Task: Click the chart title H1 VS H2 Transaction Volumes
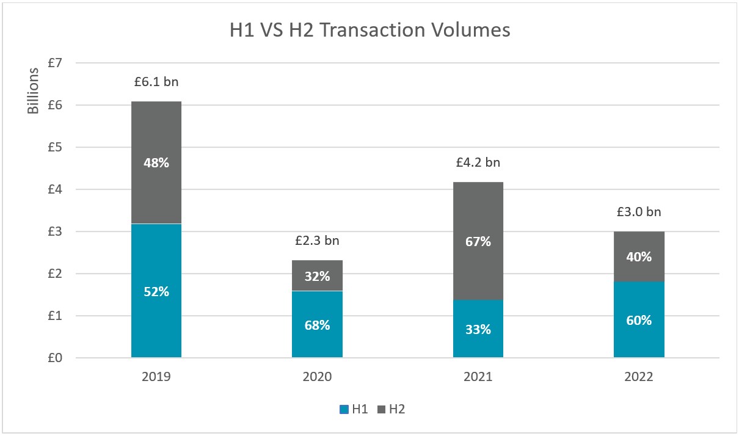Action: pyautogui.click(x=369, y=30)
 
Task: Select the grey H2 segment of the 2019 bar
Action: pyautogui.click(x=156, y=140)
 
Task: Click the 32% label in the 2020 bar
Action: pyautogui.click(x=317, y=276)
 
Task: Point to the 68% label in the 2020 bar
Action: pyautogui.click(x=317, y=325)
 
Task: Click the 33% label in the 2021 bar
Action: pyautogui.click(x=478, y=329)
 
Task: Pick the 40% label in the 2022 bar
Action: pyautogui.click(x=639, y=256)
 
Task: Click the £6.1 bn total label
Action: pyautogui.click(x=156, y=81)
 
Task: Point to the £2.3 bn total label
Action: pyautogui.click(x=317, y=240)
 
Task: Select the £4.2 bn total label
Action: pyautogui.click(x=478, y=162)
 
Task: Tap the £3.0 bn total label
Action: pyautogui.click(x=639, y=213)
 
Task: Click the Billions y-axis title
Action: pyautogui.click(x=34, y=90)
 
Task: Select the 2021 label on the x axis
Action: pyautogui.click(x=478, y=377)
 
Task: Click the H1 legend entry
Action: pyautogui.click(x=354, y=409)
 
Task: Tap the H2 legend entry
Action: pyautogui.click(x=391, y=409)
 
